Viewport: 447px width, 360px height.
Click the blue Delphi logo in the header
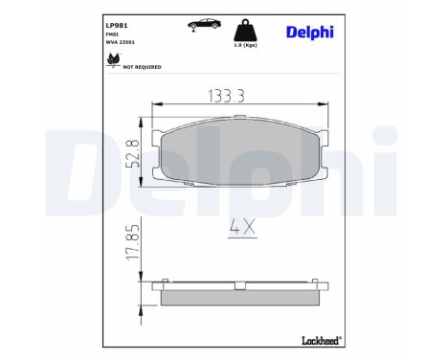(308, 32)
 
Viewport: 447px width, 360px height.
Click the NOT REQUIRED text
(142, 67)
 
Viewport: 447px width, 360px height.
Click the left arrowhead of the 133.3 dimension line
(154, 104)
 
